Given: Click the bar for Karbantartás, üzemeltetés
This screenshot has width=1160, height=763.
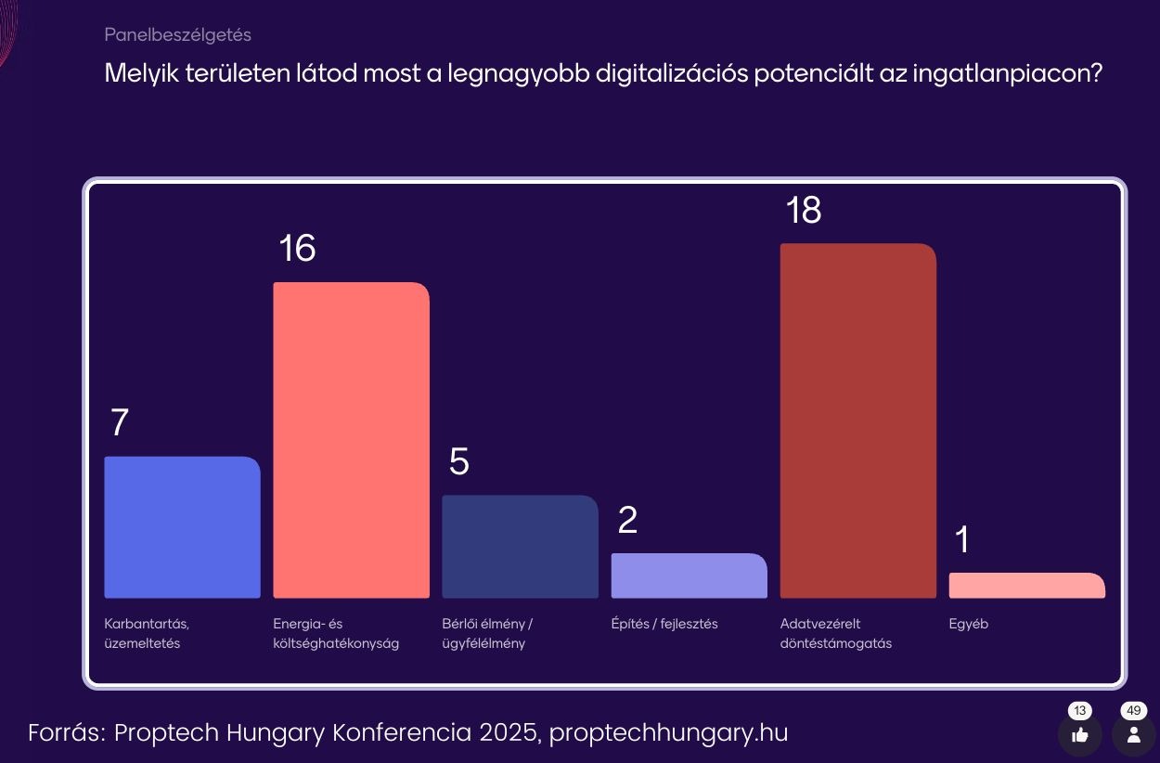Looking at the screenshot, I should click(182, 527).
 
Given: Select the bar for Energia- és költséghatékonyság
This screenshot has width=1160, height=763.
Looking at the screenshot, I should click(351, 440).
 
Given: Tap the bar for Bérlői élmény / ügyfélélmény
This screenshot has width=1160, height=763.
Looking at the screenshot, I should click(520, 547).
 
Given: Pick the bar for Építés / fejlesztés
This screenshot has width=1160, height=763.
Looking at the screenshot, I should click(689, 575).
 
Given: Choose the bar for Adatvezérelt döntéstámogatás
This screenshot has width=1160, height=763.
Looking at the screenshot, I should click(857, 420).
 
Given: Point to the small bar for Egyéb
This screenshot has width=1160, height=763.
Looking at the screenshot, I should click(1026, 586).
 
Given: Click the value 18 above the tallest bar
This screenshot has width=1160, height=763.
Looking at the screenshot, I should click(804, 211).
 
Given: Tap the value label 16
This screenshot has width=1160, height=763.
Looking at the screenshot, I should click(297, 249).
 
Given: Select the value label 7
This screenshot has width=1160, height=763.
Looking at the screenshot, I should click(119, 423).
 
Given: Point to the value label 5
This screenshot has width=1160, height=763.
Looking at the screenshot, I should click(458, 462).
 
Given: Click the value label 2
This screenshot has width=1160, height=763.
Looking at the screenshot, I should click(627, 521).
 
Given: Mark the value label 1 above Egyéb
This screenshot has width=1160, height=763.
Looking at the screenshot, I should click(962, 540).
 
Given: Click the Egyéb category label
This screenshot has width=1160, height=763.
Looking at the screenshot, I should click(968, 624).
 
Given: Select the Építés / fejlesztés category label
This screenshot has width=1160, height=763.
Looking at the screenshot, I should click(664, 624).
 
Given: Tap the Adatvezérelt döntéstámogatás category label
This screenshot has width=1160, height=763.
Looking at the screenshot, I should click(835, 633).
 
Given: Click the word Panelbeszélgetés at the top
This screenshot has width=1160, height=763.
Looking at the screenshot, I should click(177, 35).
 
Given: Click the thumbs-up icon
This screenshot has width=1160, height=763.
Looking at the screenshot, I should click(1079, 735).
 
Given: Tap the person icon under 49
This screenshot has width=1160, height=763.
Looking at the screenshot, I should click(1133, 735).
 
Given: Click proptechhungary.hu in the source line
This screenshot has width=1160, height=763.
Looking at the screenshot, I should click(668, 733).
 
